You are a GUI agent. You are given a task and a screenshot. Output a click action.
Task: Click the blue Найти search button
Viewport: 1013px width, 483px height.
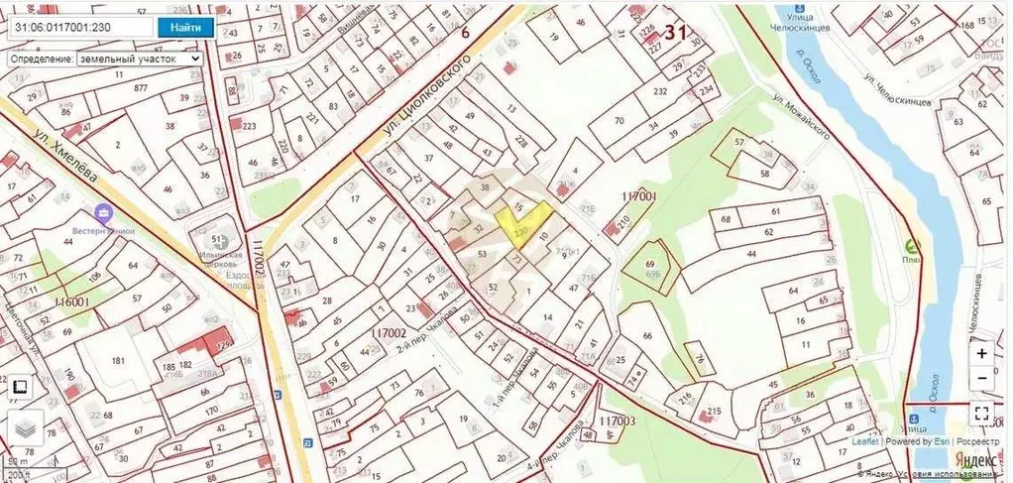tap(185, 28)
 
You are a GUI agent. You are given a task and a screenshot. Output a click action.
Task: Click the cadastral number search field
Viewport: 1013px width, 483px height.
tap(79, 28)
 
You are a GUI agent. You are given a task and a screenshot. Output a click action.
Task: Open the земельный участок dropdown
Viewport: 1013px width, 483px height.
tap(138, 59)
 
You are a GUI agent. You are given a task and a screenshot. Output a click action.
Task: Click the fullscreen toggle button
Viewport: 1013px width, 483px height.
tap(981, 414)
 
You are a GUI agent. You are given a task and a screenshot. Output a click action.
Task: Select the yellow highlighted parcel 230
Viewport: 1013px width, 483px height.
tap(522, 224)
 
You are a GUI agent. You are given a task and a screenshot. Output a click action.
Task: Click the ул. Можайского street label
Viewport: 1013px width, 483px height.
tap(800, 119)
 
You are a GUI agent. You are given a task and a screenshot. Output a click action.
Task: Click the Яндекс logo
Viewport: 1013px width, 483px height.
tap(975, 460)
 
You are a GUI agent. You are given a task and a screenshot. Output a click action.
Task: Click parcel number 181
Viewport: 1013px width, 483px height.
tap(120, 359)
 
